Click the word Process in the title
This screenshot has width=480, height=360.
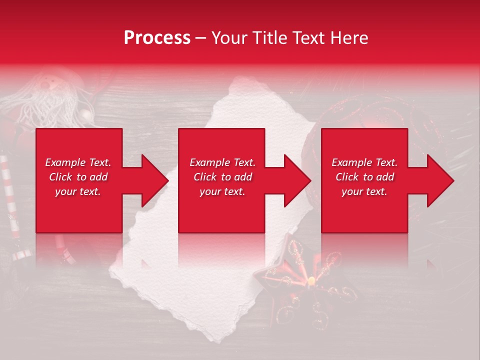tap(157, 38)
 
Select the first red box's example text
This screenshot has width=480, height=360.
tap(78, 177)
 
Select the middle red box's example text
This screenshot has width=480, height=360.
tap(222, 177)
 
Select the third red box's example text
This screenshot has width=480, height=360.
tap(364, 177)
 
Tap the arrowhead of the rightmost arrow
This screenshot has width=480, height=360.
tap(439, 180)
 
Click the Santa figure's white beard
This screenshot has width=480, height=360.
tap(47, 102)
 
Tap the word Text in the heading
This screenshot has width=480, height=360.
tap(311, 38)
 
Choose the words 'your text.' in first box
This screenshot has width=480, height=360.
tap(78, 191)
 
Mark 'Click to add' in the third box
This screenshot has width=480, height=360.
tap(364, 177)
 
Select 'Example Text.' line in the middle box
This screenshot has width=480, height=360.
tap(222, 162)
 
